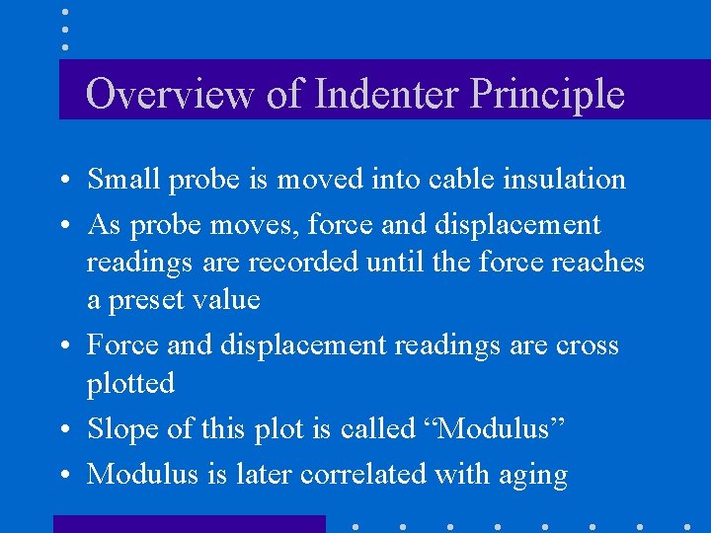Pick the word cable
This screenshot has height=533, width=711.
[x=462, y=180]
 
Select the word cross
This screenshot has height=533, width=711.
[x=587, y=345]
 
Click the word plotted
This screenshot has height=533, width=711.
[x=130, y=383]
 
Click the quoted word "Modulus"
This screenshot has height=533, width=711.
[x=503, y=428]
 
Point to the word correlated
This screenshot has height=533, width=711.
[x=363, y=474]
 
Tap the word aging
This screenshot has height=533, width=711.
[x=534, y=476]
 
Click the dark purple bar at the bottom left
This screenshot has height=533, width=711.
[x=189, y=524]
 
